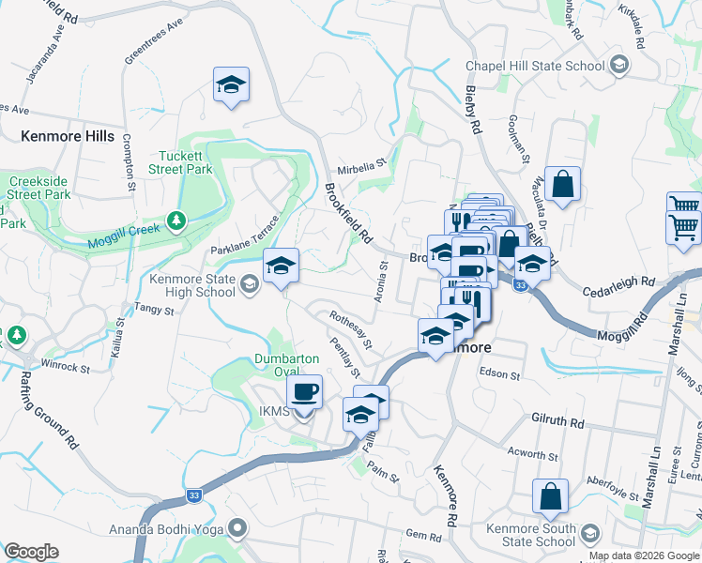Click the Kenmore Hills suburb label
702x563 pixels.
click(68, 136)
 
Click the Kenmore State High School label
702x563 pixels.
click(192, 285)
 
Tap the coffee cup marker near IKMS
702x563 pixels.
click(303, 392)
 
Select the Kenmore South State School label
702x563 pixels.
click(531, 535)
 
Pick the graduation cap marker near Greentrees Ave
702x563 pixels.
click(231, 85)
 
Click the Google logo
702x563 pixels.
click(31, 552)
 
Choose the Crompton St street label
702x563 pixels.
click(129, 165)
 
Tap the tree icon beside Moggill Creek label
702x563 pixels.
click(174, 221)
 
